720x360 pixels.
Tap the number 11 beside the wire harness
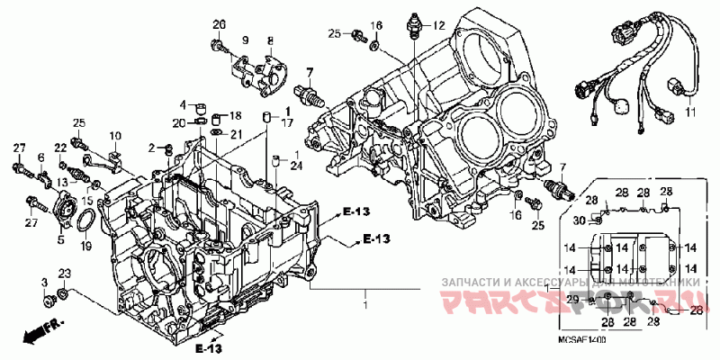(x=691, y=112)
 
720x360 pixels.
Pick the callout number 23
(x=64, y=274)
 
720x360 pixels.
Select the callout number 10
(x=115, y=136)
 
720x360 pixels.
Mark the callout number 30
(x=580, y=221)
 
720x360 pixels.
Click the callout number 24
(x=297, y=164)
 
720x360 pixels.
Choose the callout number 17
(x=287, y=122)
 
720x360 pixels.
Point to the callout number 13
(x=62, y=182)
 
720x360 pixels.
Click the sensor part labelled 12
(x=416, y=26)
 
